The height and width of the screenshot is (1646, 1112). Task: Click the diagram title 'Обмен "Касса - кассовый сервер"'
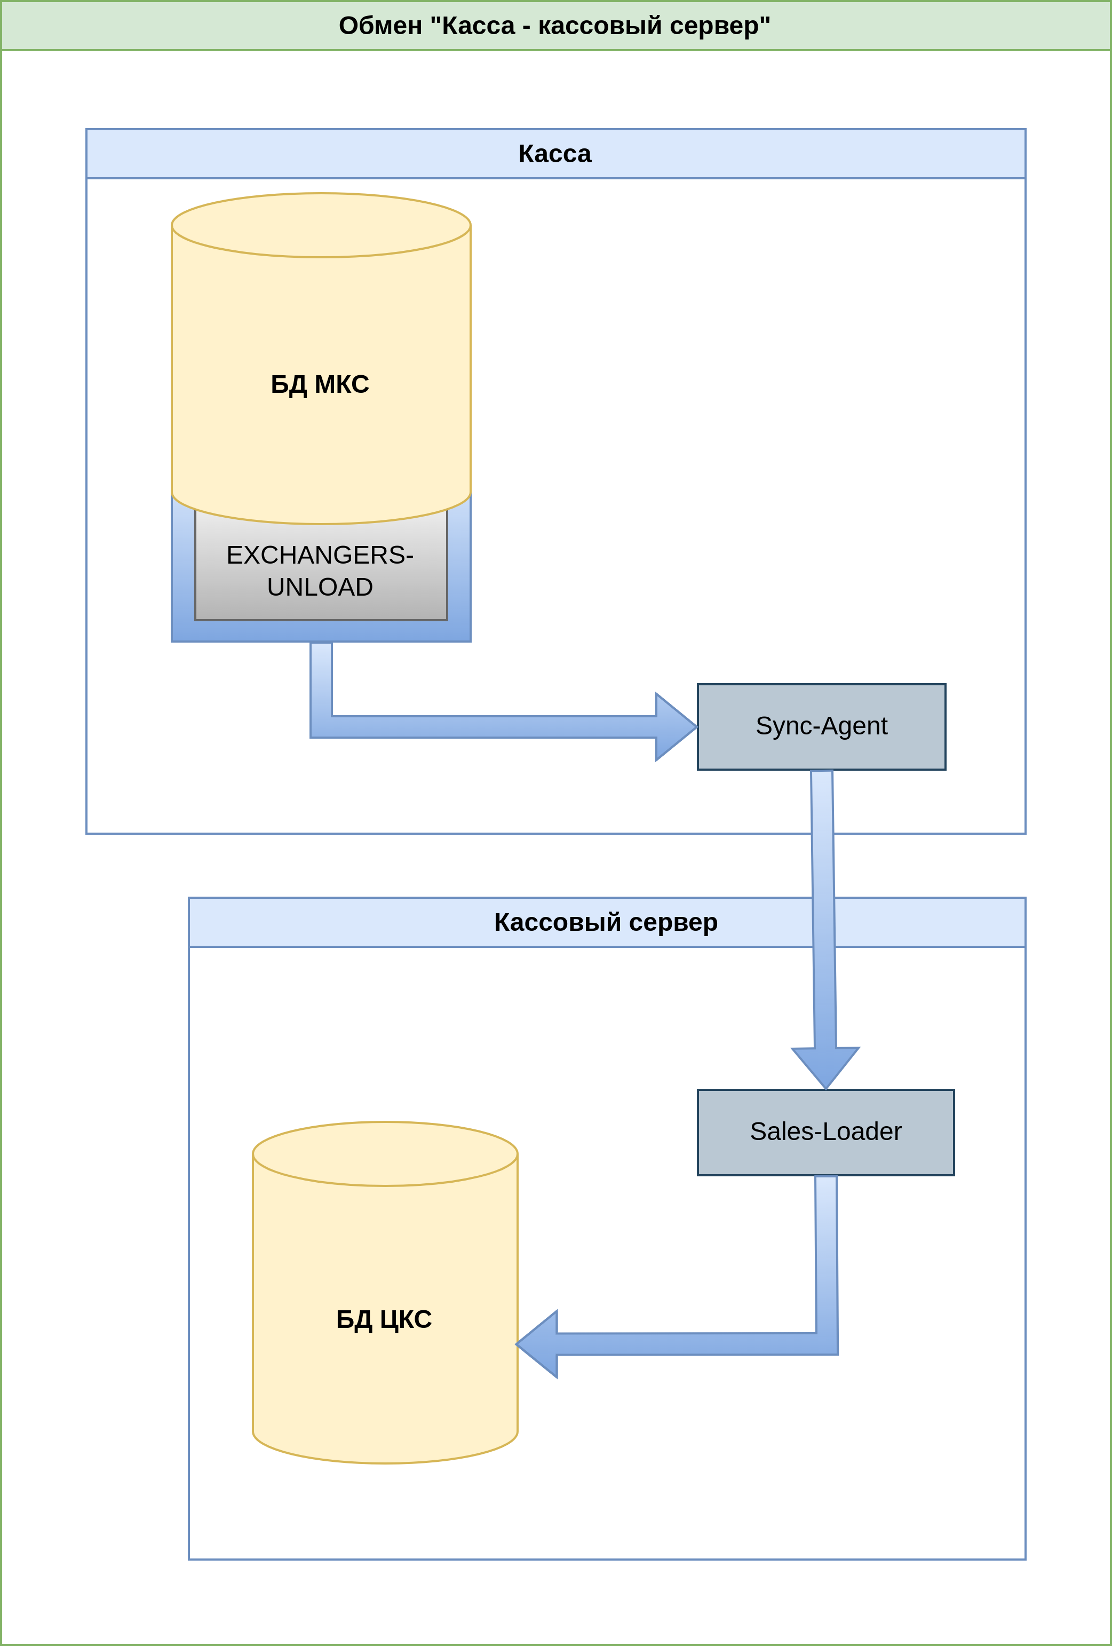[x=554, y=26]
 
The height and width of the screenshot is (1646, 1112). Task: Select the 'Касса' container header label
[x=554, y=154]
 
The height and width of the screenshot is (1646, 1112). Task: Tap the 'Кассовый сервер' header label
[x=606, y=922]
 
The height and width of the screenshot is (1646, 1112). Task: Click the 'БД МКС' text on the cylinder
[x=320, y=384]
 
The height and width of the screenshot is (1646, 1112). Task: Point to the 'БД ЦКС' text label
[x=384, y=1319]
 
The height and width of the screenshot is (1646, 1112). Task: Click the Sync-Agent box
[x=822, y=727]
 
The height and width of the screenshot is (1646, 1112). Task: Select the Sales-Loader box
[x=826, y=1133]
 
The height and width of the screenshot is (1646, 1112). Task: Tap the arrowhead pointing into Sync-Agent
[x=676, y=727]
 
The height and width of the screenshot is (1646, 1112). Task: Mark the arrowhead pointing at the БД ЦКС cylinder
[x=537, y=1344]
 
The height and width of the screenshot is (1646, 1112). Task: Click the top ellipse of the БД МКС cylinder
[x=321, y=225]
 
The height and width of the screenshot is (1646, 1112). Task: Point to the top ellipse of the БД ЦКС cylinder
[x=385, y=1154]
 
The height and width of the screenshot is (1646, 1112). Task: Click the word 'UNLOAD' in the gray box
[x=320, y=587]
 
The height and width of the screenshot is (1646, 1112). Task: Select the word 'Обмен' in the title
[x=380, y=26]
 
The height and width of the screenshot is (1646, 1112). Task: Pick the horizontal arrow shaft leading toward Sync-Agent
[x=494, y=727]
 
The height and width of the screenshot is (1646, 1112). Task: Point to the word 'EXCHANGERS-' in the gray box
[x=320, y=555]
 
